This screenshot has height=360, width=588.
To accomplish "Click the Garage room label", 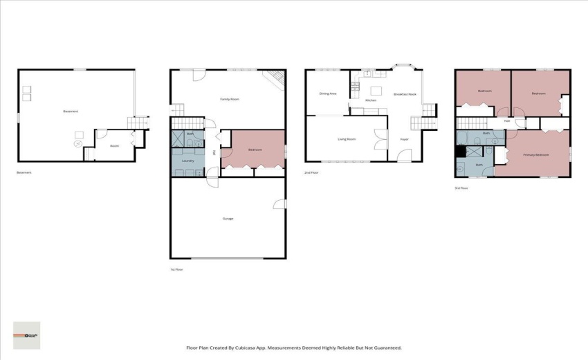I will [x=228, y=219].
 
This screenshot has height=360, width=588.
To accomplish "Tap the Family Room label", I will [x=230, y=100].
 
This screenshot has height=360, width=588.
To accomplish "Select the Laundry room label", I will [x=187, y=161].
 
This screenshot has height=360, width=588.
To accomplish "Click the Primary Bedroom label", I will [x=536, y=155].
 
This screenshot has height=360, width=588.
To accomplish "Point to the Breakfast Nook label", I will [x=405, y=94].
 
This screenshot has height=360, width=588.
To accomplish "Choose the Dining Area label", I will [x=328, y=93].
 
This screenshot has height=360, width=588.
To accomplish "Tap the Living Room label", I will [x=347, y=139].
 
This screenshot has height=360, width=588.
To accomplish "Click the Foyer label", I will [x=404, y=139].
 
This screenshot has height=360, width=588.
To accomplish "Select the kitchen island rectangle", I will [x=376, y=90].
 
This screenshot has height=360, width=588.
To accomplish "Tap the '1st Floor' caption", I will [x=176, y=269].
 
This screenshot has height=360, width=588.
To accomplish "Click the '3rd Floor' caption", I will [x=461, y=188].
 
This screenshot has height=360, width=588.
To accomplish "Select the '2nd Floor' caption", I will [x=311, y=172].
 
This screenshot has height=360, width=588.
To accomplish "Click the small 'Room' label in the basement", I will [x=115, y=145].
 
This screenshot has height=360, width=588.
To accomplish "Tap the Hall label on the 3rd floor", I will [x=507, y=121].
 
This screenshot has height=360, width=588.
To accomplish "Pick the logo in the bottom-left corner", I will [x=27, y=335].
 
